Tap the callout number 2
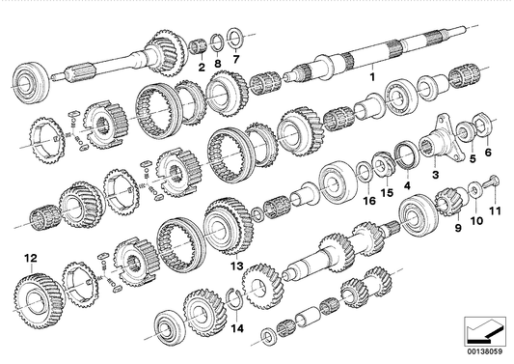[202, 67]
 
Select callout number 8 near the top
[218, 67]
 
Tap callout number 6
[488, 152]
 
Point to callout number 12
[31, 258]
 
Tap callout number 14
[238, 328]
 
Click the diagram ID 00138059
[487, 355]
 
